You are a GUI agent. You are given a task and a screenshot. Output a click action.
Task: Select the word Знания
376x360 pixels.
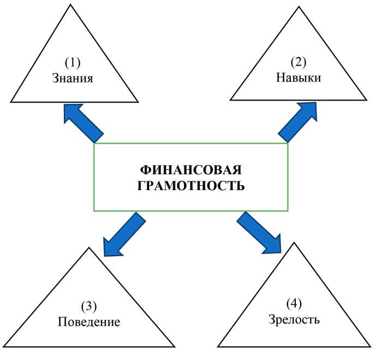click(73, 78)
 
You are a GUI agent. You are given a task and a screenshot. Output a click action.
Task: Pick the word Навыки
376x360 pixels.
click(298, 78)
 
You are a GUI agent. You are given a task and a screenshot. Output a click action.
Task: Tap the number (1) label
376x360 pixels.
click(73, 62)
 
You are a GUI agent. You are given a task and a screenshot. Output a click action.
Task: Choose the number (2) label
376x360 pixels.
click(298, 62)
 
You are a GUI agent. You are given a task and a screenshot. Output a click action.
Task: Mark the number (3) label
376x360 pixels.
click(89, 305)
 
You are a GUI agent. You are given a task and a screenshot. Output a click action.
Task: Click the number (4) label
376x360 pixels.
click(295, 303)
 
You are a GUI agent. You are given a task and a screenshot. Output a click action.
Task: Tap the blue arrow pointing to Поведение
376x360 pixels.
click(124, 235)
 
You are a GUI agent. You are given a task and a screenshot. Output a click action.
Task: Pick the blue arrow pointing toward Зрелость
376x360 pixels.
click(259, 233)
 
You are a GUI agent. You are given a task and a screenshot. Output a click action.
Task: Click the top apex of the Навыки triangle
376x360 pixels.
click(299, 8)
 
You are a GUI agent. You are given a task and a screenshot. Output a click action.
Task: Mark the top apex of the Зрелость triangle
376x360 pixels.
click(294, 243)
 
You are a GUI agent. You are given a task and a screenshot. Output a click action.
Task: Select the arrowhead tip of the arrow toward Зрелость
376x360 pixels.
click(280, 253)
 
